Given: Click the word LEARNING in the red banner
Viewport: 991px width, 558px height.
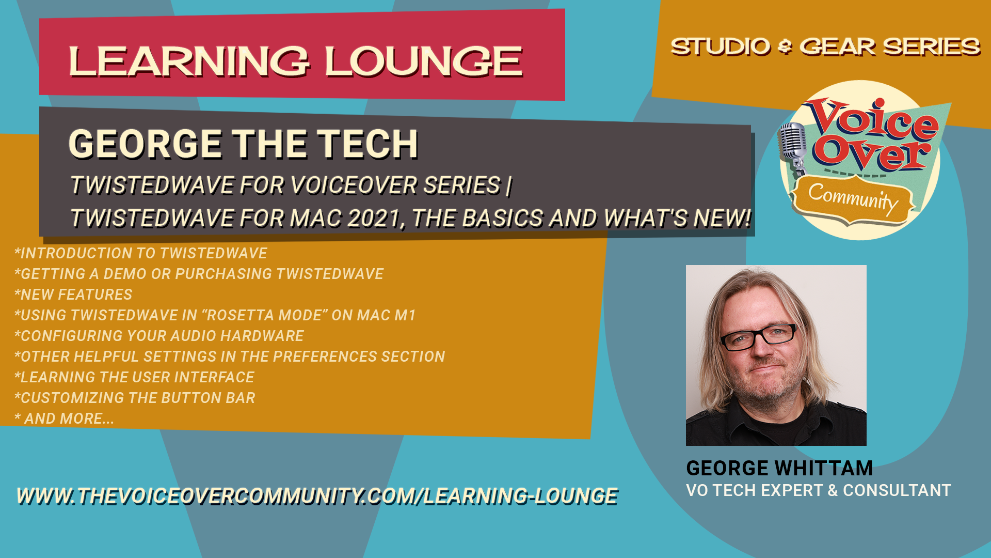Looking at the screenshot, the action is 189,61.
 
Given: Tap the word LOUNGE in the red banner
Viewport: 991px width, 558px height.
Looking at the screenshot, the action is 423,61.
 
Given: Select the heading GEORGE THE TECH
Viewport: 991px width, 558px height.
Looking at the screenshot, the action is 243,144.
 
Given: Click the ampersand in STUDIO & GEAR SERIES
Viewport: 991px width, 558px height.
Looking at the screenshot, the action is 785,47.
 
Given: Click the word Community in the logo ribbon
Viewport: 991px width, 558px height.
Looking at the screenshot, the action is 853,199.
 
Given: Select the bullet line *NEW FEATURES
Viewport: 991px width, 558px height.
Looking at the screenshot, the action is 73,295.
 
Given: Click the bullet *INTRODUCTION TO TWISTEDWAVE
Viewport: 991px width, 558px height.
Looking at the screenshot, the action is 141,253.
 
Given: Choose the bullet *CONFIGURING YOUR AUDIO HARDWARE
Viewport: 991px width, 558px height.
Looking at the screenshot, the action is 159,336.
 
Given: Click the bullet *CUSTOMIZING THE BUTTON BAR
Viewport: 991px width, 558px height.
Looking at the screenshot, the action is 135,398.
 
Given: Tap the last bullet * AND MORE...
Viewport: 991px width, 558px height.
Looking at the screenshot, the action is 64,419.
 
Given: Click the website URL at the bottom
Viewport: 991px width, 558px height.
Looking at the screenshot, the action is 317,496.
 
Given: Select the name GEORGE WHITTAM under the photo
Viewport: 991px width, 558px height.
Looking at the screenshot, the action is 779,468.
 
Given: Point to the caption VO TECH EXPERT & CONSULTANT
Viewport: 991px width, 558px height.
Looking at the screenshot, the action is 819,490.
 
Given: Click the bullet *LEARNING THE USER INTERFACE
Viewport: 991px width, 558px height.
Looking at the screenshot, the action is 134,377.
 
